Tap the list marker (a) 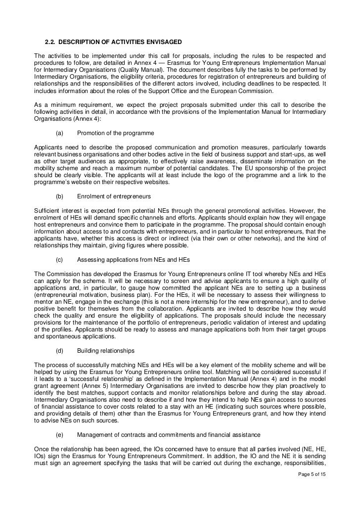point(60,133)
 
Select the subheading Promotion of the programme point(116,133)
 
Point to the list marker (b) point(60,196)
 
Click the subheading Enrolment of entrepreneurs point(114,196)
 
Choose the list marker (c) point(60,259)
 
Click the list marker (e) point(60,435)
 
